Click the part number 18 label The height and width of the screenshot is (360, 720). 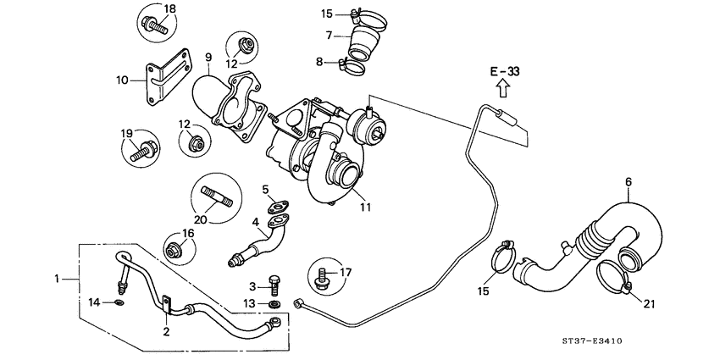coord(169,9)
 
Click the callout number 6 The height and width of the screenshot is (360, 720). coord(629,181)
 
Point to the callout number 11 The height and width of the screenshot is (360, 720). coord(365,206)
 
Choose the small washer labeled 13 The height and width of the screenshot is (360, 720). coord(276,303)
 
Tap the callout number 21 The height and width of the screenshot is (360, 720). coord(649,303)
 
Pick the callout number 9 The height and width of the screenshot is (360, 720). coord(208,58)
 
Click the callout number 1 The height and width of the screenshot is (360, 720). coord(58,279)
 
